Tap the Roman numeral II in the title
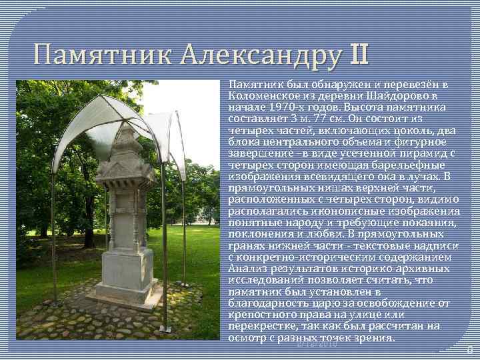[x=357, y=53]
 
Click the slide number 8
[x=469, y=349]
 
